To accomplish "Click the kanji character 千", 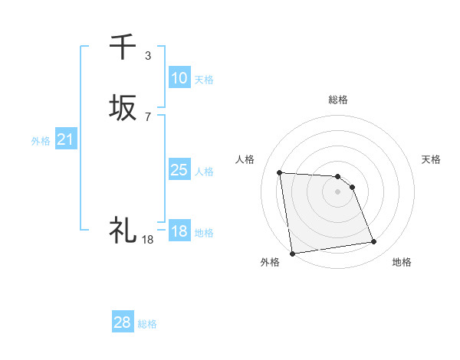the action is (123, 47).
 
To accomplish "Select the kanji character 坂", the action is (123, 108).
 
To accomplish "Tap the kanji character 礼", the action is (123, 230).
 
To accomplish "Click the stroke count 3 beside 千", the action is (147, 55).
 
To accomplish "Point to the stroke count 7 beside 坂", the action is (147, 116).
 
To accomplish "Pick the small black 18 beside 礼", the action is (147, 239).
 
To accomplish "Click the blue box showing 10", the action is (179, 78).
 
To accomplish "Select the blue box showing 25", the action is (179, 170).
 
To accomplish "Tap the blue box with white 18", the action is (179, 231).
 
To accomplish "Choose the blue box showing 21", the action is (65, 139).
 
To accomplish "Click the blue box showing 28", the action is (123, 322).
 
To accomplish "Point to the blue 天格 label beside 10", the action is (204, 80).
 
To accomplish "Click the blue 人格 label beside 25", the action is (204, 172).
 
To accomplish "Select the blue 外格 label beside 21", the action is (41, 141).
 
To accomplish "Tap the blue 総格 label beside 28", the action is (147, 324).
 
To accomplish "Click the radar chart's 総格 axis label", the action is (338, 100).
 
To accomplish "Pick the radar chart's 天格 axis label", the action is (431, 159).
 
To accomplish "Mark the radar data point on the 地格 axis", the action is (374, 243).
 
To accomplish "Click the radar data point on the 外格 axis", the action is (292, 253).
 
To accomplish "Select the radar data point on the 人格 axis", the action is (280, 172).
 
